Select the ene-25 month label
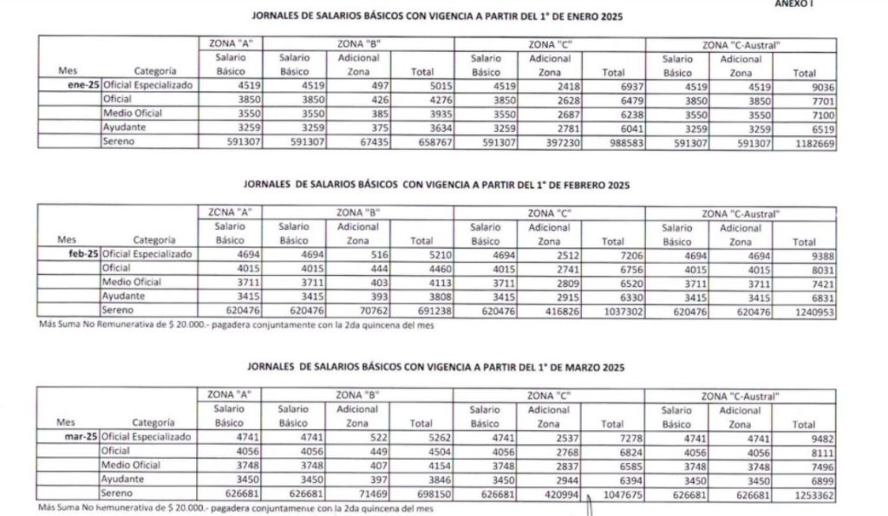pos(83,86)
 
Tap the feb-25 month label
pos(83,254)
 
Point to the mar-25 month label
pos(82,440)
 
